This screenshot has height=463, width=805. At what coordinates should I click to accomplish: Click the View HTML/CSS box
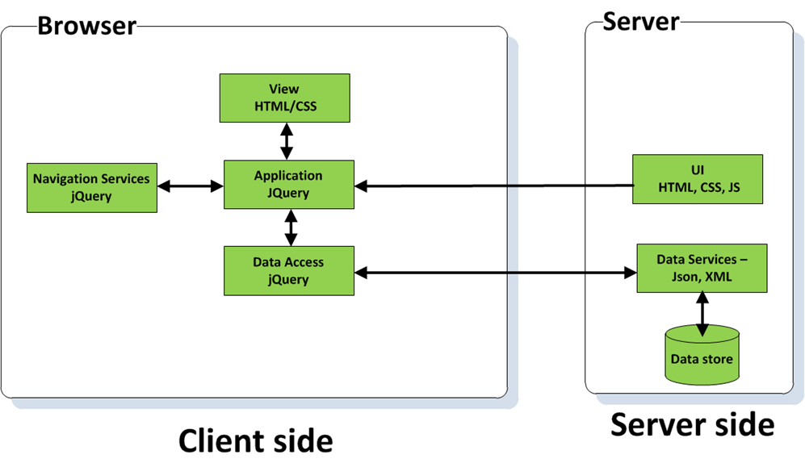[284, 98]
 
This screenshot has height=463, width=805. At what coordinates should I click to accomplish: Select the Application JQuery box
[288, 185]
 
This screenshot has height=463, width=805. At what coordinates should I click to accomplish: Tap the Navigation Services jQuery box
[91, 187]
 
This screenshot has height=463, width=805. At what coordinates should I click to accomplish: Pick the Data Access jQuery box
[288, 271]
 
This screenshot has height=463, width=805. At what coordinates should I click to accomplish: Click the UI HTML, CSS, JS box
[698, 179]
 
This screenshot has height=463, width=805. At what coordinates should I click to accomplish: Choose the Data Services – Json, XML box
[701, 268]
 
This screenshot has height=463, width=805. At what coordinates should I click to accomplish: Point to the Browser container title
[87, 26]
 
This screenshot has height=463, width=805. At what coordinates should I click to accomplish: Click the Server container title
[641, 22]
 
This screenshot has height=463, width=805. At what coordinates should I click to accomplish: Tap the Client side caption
[254, 440]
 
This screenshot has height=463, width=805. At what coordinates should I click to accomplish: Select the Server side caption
[692, 423]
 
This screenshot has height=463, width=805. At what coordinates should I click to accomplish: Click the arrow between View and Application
[285, 141]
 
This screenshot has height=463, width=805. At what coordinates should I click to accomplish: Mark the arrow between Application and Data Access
[291, 227]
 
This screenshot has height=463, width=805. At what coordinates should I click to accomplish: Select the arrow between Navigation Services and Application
[190, 186]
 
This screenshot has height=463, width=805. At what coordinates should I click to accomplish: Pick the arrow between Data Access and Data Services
[495, 273]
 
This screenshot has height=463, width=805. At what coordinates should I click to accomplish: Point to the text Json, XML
[701, 276]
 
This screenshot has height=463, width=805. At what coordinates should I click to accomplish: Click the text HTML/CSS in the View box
[284, 105]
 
